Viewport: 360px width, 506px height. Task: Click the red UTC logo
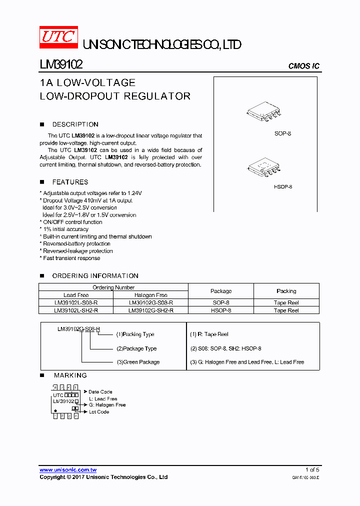[58, 37]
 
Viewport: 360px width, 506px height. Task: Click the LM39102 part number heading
[61, 65]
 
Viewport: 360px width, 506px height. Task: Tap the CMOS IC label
[303, 66]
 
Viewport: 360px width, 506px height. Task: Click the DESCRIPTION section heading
[75, 124]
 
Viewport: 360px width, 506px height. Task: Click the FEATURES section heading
[70, 182]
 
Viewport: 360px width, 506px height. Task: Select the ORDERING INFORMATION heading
[95, 276]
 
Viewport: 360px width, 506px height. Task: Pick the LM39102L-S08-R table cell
[76, 303]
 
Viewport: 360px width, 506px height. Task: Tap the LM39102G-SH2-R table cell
[151, 310]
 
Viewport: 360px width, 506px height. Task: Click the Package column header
[221, 291]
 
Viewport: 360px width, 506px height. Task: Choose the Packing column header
[286, 291]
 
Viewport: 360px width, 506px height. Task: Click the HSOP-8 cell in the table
[221, 310]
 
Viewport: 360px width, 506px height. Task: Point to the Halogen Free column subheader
[151, 295]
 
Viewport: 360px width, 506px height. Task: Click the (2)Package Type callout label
[136, 348]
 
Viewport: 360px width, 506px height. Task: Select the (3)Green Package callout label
[137, 362]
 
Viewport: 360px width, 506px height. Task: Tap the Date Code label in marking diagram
[100, 392]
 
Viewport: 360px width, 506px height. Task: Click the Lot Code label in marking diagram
[98, 412]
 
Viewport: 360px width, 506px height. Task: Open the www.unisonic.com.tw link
[68, 470]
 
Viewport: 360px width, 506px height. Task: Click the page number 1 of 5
[312, 470]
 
